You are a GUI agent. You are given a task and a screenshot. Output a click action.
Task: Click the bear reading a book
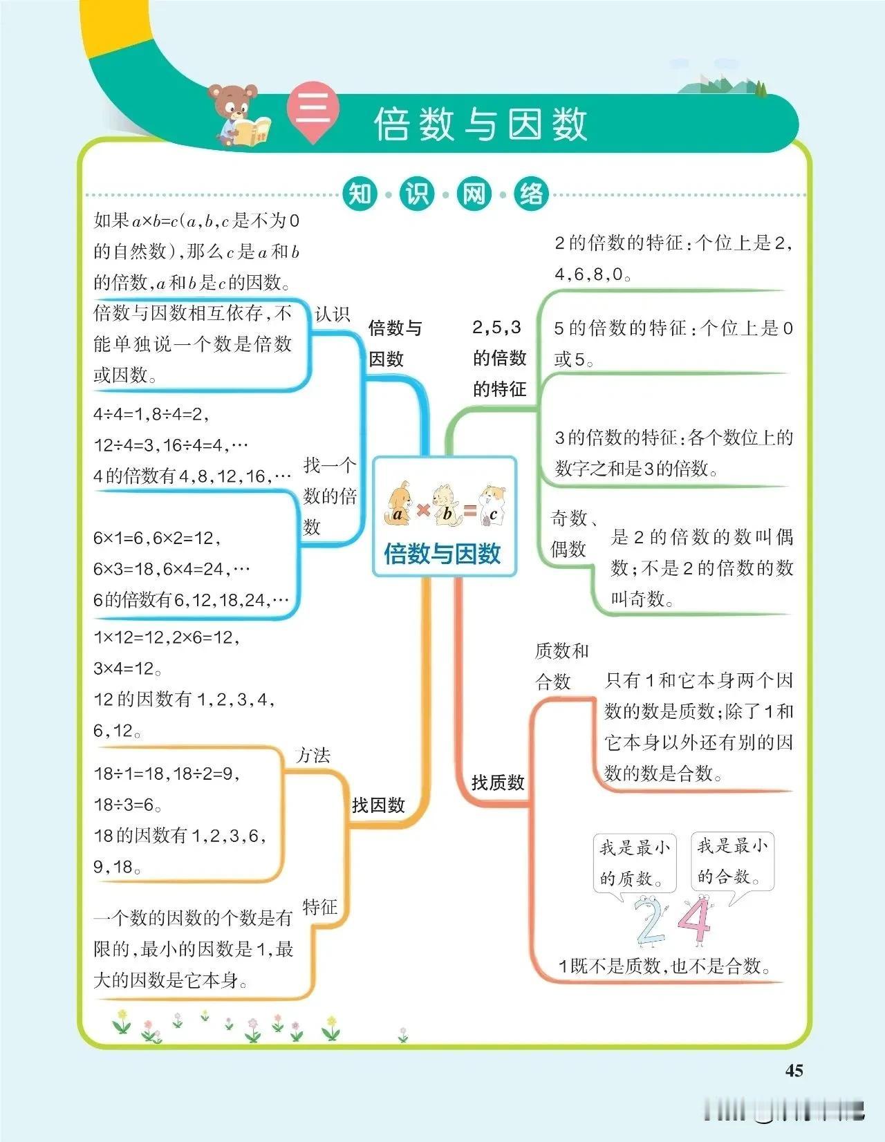[239, 114]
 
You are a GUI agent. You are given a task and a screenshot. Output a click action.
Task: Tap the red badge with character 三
[313, 111]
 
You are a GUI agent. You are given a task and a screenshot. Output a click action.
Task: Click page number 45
[794, 1070]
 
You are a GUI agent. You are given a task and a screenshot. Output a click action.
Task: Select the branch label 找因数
[378, 805]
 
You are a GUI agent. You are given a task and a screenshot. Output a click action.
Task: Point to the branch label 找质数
[498, 783]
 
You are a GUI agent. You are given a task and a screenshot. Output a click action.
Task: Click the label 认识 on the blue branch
[333, 314]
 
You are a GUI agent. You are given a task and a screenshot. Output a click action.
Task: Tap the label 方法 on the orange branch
[313, 755]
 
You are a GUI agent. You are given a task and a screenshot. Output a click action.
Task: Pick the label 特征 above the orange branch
[319, 906]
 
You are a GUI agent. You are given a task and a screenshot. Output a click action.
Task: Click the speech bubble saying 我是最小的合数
[732, 861]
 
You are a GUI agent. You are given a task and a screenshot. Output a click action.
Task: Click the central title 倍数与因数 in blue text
[442, 553]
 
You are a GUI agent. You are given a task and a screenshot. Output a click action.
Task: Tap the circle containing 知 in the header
[360, 194]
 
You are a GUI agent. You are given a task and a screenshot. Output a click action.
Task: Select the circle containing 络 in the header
[531, 194]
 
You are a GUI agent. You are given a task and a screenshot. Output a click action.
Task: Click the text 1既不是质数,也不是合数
[664, 966]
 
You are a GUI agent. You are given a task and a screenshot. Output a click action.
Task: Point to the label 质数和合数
[561, 666]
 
